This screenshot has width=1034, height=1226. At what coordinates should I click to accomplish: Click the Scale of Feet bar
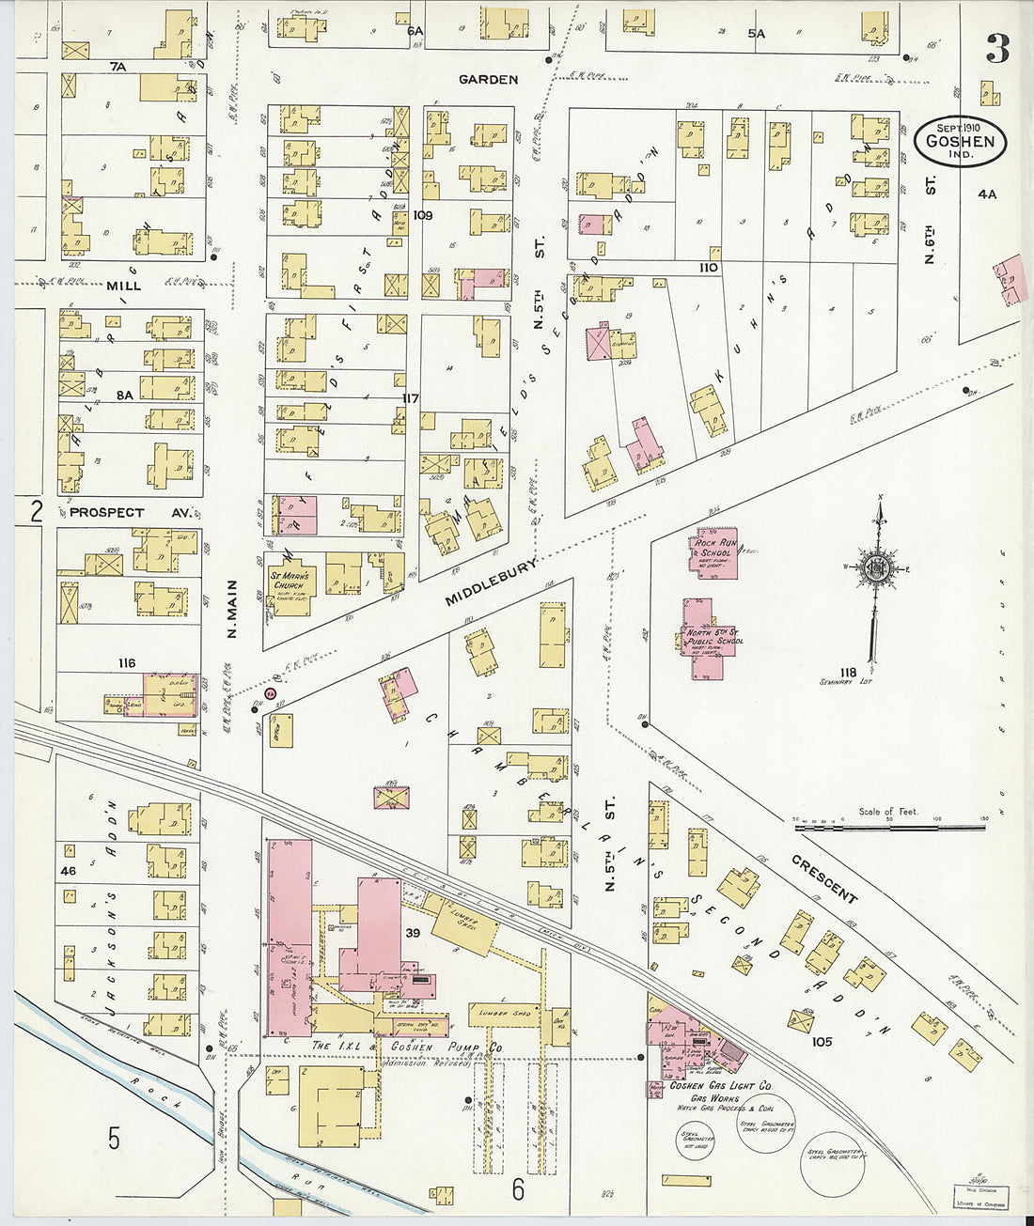tap(889, 828)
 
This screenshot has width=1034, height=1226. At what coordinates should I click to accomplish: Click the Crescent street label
tap(824, 879)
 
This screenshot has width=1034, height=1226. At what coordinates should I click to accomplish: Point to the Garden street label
tap(488, 80)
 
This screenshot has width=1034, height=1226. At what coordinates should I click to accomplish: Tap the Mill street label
tap(123, 286)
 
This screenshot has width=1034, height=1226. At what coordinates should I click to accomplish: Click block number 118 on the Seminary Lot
tap(848, 672)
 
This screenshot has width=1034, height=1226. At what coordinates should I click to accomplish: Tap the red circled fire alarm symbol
tap(270, 694)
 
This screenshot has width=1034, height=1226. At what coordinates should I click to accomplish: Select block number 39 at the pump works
tap(412, 932)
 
